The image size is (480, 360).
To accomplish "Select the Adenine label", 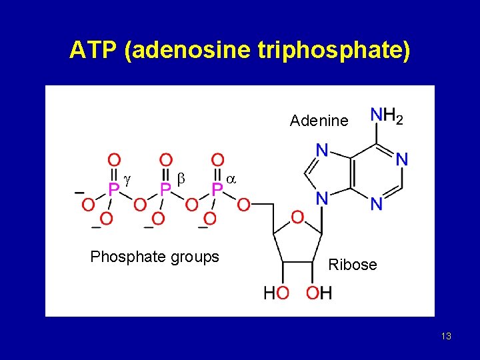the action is [x=319, y=121].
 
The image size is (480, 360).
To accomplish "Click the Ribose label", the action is [x=353, y=265].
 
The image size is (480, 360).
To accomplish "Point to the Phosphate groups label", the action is [x=155, y=257].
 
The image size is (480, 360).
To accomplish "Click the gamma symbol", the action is [x=127, y=180].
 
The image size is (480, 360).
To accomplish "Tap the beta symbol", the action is [x=180, y=180].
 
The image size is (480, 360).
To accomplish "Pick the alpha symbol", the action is [x=231, y=180].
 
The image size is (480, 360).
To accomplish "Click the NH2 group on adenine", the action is [x=387, y=117].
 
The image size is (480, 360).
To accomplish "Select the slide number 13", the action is [x=446, y=336].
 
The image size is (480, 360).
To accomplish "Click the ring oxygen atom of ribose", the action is [x=297, y=217].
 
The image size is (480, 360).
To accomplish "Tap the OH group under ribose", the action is [x=319, y=293].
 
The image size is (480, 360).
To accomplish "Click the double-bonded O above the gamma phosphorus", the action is [x=114, y=161].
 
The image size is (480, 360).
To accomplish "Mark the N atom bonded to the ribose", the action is [x=321, y=198].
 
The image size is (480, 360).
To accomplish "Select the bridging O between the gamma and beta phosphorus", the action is [x=139, y=204].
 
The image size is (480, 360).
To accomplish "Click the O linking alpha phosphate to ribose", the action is [x=243, y=204].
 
